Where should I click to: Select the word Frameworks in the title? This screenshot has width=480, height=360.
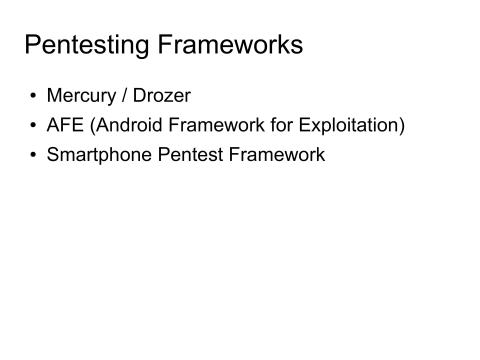click(x=236, y=46)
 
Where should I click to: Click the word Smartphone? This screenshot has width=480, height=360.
click(x=101, y=156)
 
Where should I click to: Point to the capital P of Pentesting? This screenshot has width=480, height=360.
click(x=33, y=46)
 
